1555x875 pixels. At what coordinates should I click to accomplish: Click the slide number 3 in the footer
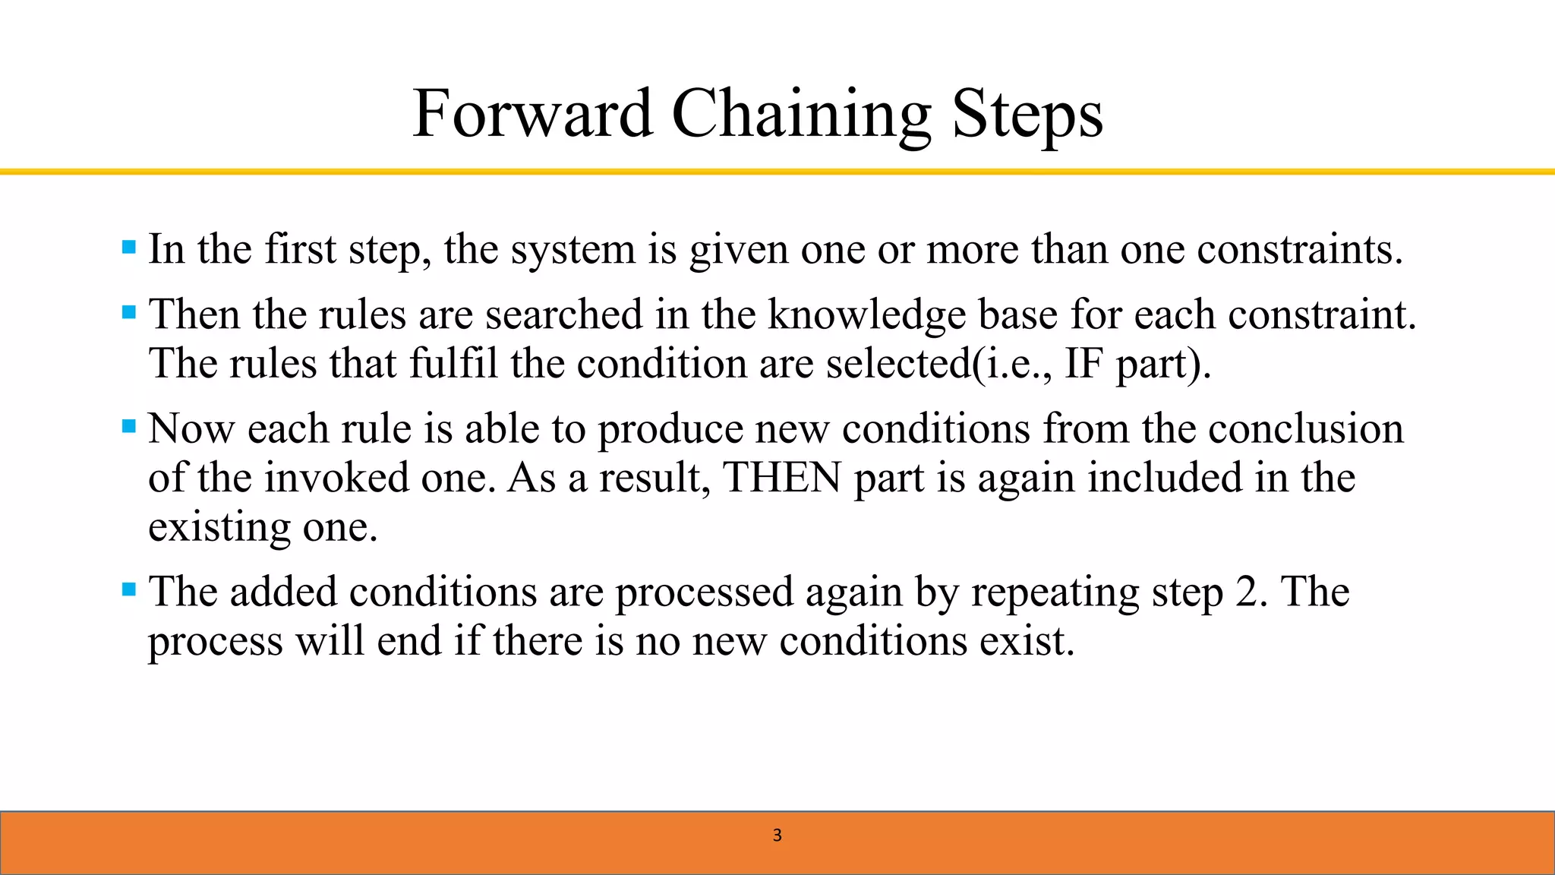coord(777,836)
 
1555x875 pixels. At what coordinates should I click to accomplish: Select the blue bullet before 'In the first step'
coord(129,247)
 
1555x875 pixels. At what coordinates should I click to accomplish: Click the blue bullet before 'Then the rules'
coord(129,312)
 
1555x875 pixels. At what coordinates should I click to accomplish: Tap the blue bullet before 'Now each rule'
coord(129,426)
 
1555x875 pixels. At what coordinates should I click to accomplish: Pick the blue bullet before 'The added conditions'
coord(129,589)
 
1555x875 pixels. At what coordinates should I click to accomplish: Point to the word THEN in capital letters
coord(782,479)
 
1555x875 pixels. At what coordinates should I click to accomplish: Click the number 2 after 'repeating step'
coord(1246,592)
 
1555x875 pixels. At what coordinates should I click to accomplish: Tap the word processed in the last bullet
coord(704,592)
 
